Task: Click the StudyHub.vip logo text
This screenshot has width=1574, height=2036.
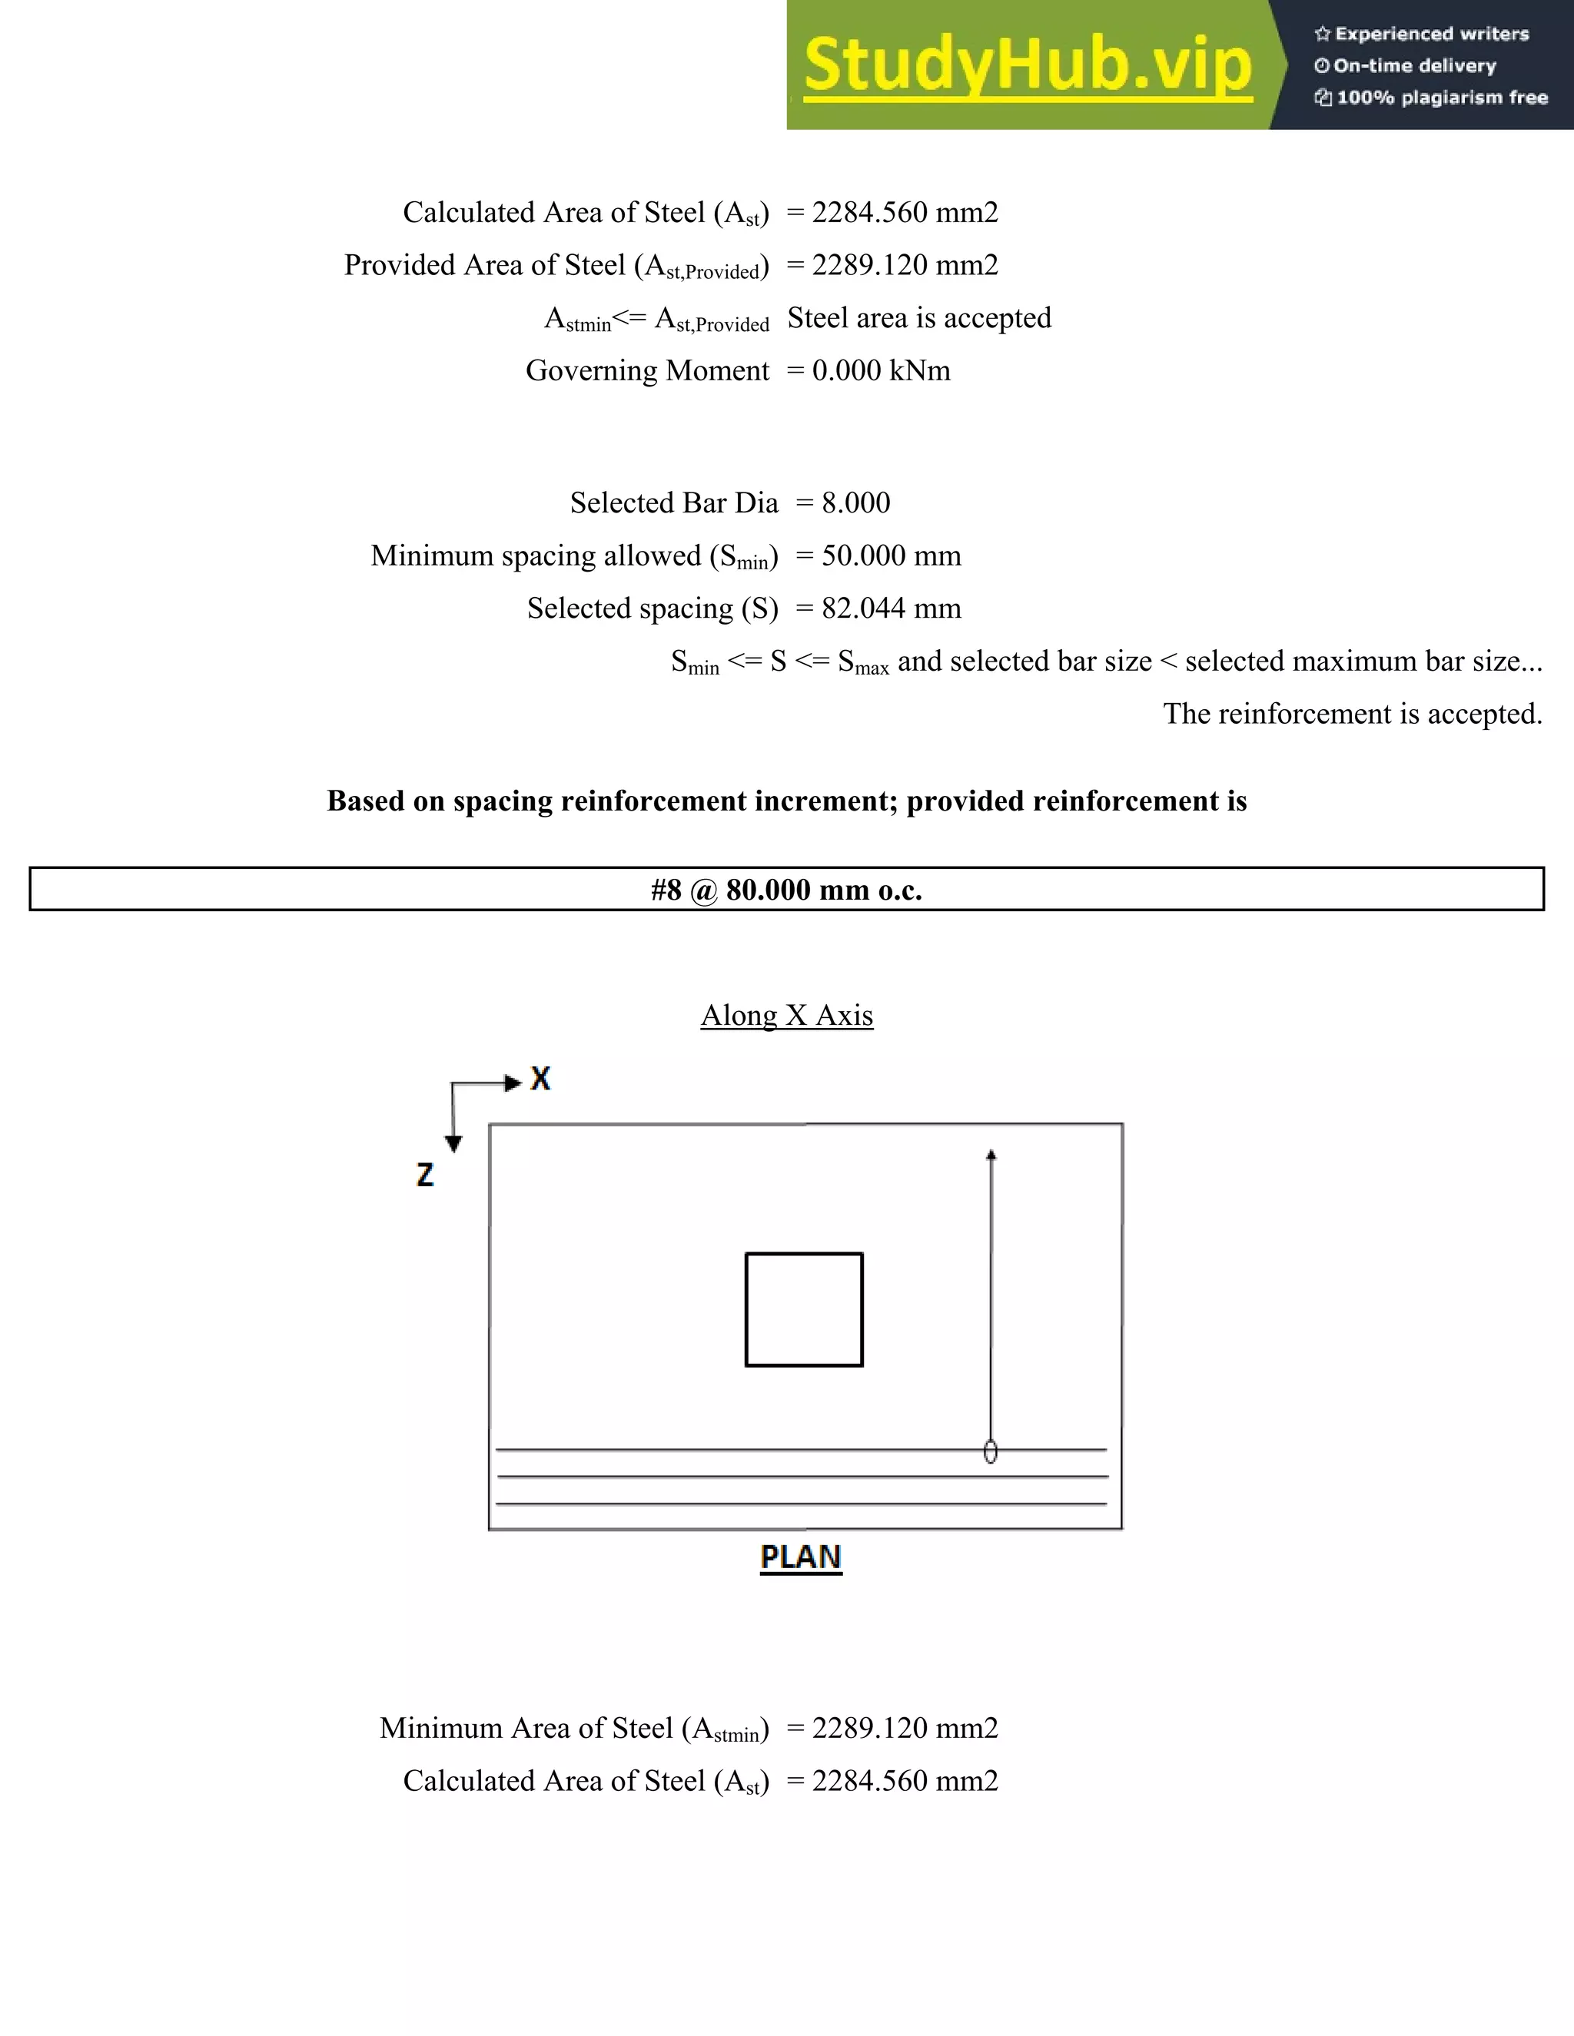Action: tap(1028, 65)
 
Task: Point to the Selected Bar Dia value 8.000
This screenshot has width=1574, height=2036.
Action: tap(855, 503)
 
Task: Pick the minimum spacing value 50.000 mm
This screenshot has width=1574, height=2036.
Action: tap(891, 555)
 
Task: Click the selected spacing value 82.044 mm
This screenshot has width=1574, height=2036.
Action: tap(891, 608)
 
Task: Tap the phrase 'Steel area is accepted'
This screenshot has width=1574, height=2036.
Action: tap(919, 318)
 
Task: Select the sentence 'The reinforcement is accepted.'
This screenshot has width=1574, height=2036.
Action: tap(1352, 714)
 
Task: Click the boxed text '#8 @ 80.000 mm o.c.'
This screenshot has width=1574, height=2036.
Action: tap(786, 890)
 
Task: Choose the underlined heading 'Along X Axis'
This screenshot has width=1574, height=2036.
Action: tap(786, 1015)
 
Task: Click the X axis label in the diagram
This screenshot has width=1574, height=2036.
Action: tap(540, 1079)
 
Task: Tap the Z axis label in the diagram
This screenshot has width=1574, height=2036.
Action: tap(425, 1175)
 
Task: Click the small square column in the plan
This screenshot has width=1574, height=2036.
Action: tap(804, 1310)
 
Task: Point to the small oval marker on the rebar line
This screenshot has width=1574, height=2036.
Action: tap(990, 1451)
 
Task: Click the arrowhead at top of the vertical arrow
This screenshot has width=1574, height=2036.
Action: tap(991, 1155)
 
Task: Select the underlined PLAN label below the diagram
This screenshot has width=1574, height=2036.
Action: tap(800, 1558)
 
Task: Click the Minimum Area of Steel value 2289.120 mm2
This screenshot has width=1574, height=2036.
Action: tap(904, 1729)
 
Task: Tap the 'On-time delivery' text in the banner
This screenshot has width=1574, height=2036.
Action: tap(1415, 66)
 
